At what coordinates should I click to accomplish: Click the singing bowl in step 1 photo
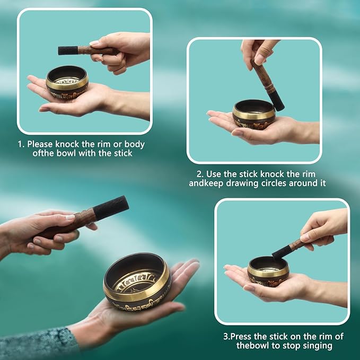pos(67,82)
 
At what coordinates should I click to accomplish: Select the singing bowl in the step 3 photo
pos(268,271)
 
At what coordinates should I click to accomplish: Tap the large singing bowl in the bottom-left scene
pos(137,282)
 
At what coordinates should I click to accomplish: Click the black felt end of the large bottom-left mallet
pos(110,208)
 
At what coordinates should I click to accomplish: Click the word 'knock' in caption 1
pos(67,144)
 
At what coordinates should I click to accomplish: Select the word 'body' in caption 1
pos(135,145)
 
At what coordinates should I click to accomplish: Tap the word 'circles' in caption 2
pos(273,183)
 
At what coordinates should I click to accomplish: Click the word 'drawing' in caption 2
pos(241,183)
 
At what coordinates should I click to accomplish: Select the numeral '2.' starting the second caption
pos(200,174)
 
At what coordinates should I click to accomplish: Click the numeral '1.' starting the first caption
pos(21,144)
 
